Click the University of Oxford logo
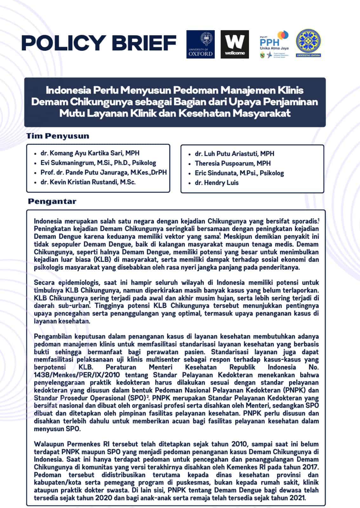click(x=200, y=44)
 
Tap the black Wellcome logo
click(x=235, y=44)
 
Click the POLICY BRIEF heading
click(x=99, y=43)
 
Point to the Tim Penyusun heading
click(x=57, y=136)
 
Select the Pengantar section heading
click(x=52, y=201)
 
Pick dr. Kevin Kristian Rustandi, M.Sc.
click(x=88, y=182)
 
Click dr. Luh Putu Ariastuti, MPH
click(x=234, y=154)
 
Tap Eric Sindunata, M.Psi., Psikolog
click(x=239, y=173)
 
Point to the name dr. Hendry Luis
click(x=217, y=183)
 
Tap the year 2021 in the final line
click(x=297, y=498)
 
